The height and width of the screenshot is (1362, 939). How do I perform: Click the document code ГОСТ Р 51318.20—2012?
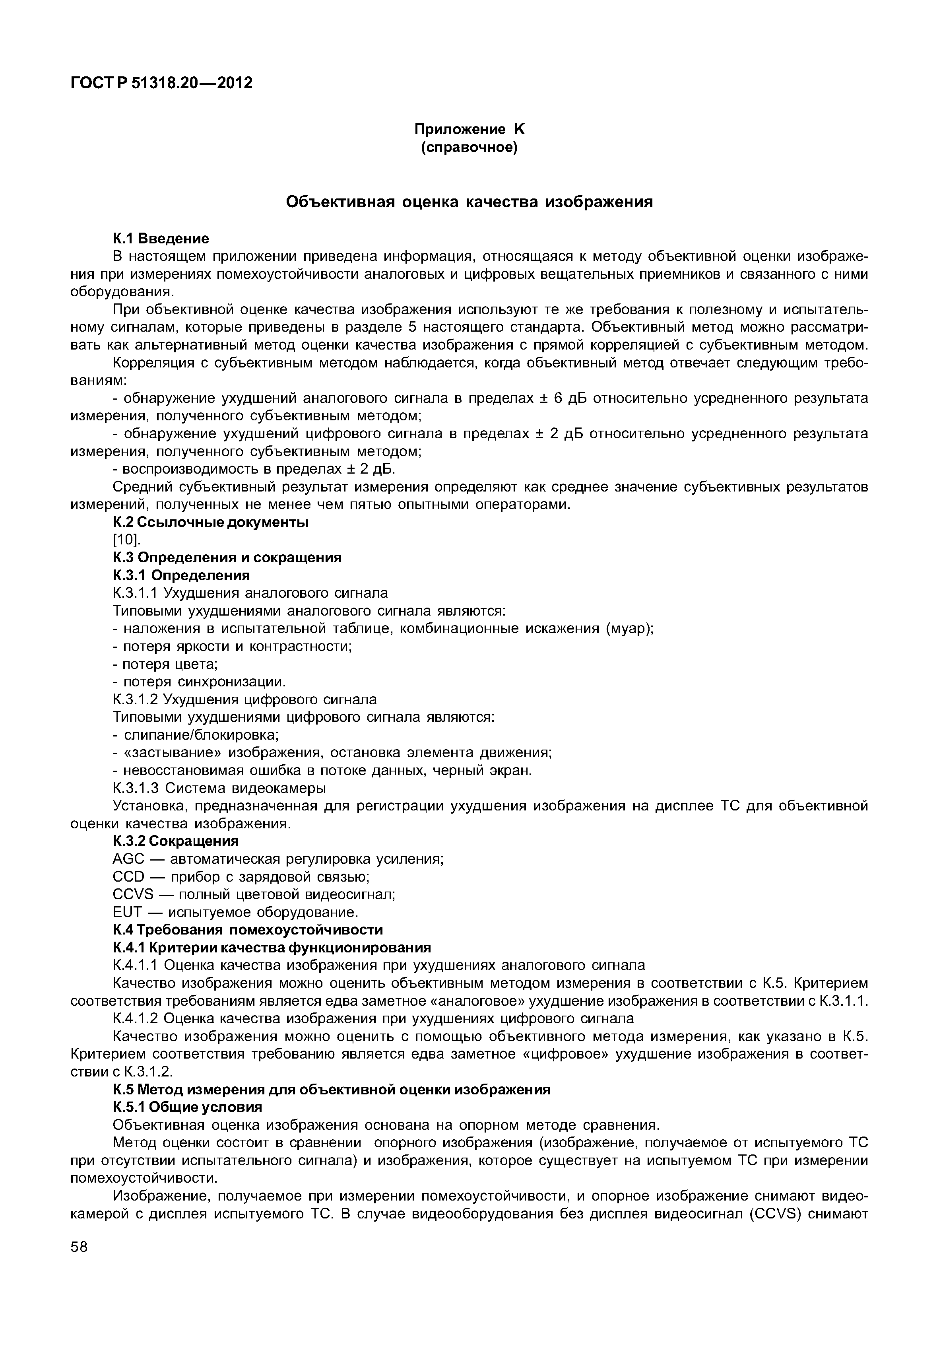(161, 83)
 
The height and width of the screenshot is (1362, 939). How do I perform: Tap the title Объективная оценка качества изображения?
(469, 202)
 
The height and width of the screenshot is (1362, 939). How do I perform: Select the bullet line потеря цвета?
(165, 664)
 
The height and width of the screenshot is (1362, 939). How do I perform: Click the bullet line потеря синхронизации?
(199, 682)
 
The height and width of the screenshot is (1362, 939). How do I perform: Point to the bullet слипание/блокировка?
(196, 735)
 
